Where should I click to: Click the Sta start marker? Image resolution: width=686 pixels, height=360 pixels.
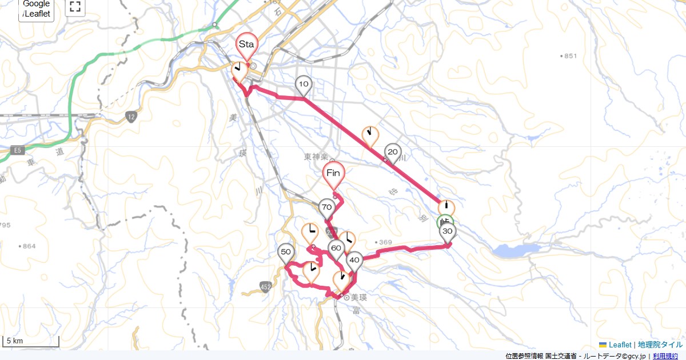click(x=247, y=45)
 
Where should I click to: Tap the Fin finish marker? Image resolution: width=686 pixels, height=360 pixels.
click(x=334, y=173)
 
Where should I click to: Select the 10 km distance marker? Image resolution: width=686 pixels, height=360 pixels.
click(x=304, y=85)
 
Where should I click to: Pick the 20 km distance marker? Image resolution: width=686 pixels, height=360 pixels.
click(x=392, y=152)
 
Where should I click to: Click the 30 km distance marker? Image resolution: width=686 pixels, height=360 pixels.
click(x=448, y=231)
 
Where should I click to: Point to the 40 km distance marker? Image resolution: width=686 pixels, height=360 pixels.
click(x=354, y=260)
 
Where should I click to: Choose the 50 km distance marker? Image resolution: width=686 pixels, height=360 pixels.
click(x=286, y=252)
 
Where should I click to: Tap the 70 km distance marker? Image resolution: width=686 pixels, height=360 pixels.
click(x=326, y=207)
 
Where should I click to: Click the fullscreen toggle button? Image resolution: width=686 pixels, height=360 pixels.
click(x=75, y=7)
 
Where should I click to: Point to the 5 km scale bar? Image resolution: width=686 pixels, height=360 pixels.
click(x=31, y=342)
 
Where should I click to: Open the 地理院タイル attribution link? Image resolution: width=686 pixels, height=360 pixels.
click(x=660, y=345)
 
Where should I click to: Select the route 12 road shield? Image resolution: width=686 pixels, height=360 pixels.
click(x=131, y=117)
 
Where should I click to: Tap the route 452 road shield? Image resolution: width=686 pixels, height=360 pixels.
click(x=265, y=286)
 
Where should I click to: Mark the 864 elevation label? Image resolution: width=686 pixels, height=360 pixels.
click(x=28, y=246)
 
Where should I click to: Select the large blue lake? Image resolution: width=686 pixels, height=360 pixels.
click(x=509, y=251)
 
